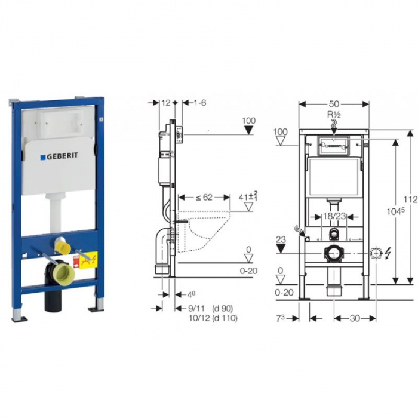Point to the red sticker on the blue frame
[76, 260]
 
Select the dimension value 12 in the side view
[165, 103]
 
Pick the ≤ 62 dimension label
[204, 197]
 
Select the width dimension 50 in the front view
[334, 103]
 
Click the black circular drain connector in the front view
[333, 253]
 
